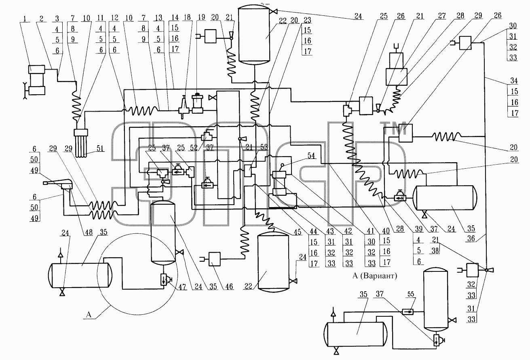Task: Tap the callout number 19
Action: (x=201, y=18)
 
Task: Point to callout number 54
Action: (x=311, y=155)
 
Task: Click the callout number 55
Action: (x=410, y=294)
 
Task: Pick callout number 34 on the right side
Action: (x=514, y=80)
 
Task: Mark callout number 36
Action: (x=471, y=238)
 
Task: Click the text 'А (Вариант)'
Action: (x=375, y=276)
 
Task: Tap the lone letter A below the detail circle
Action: (x=89, y=315)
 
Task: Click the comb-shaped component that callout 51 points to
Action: (x=81, y=143)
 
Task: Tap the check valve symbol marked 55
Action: (x=408, y=312)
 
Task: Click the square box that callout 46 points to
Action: (x=214, y=259)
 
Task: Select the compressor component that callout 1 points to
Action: (x=36, y=80)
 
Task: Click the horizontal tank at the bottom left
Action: (x=80, y=275)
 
